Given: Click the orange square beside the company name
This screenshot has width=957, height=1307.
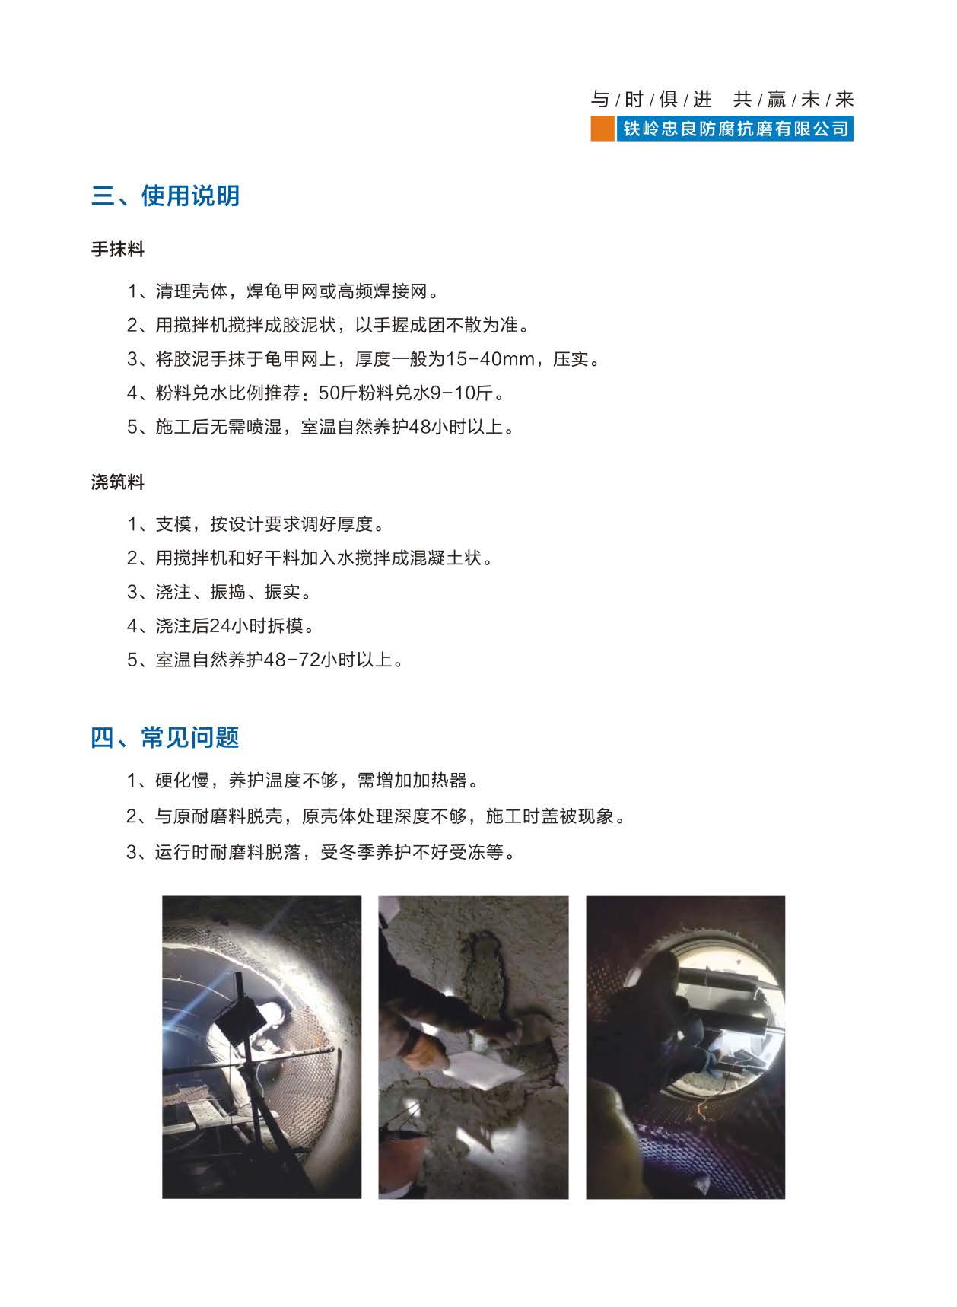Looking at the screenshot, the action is [602, 129].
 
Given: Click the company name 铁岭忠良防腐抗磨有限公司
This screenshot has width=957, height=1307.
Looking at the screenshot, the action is [736, 129].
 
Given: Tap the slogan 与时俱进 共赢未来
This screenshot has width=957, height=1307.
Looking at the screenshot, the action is [722, 99].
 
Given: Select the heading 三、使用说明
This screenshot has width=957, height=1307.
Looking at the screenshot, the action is [166, 196].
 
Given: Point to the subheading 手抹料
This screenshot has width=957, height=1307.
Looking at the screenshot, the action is [118, 249].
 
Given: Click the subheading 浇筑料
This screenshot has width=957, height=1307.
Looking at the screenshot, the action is [118, 482].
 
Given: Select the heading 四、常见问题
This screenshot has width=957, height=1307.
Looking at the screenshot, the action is [166, 737].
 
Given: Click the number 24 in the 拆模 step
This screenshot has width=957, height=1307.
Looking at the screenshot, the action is [219, 625].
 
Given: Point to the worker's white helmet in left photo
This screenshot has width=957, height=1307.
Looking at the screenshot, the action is [271, 1013].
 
